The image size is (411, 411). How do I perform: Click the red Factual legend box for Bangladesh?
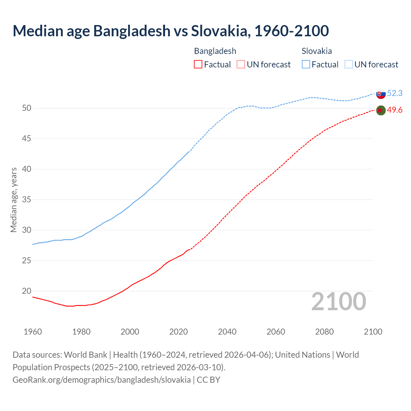point(198,65)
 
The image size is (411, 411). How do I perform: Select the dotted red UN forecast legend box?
point(241,65)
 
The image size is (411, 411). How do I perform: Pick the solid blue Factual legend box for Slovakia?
point(306,65)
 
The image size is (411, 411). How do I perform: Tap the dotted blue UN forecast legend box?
point(349,65)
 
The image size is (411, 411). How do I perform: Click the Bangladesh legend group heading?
point(215,51)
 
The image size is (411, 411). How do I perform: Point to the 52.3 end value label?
point(395,93)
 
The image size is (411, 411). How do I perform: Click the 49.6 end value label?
point(395,110)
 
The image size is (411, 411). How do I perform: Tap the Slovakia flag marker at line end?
point(381,94)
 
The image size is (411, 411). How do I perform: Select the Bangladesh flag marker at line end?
point(380,110)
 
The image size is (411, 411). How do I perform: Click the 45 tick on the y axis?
point(27,139)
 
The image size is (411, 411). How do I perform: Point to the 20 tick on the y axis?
point(27,291)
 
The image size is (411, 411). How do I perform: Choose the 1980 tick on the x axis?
point(81,332)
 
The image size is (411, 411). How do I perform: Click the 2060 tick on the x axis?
point(276,332)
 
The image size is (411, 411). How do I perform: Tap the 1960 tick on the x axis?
point(33,332)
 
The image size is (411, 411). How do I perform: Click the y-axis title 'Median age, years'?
point(13,200)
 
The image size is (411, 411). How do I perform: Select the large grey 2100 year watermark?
point(338,302)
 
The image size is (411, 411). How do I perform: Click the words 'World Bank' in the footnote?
point(85,355)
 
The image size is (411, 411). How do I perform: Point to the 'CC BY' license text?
point(208,380)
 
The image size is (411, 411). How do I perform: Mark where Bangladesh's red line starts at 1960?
point(33,297)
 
